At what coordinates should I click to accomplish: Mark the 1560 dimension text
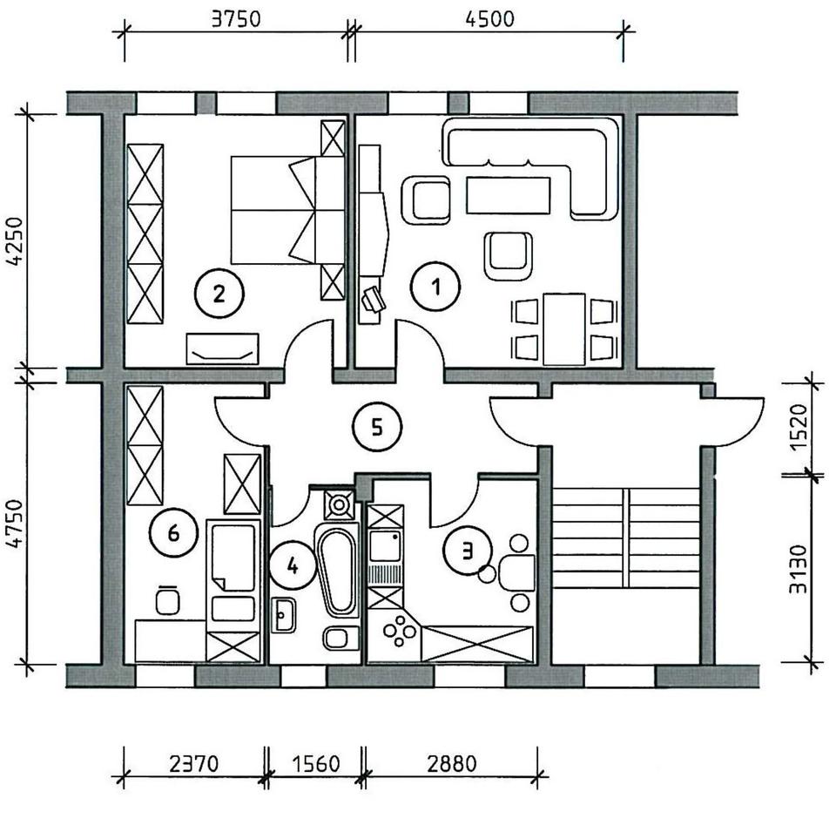(313, 764)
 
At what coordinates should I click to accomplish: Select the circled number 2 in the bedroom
(219, 293)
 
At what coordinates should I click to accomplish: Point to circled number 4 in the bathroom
(293, 565)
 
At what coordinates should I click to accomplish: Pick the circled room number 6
(172, 532)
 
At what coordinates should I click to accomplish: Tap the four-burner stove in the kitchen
(400, 631)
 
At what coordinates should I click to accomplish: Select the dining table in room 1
(563, 328)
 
